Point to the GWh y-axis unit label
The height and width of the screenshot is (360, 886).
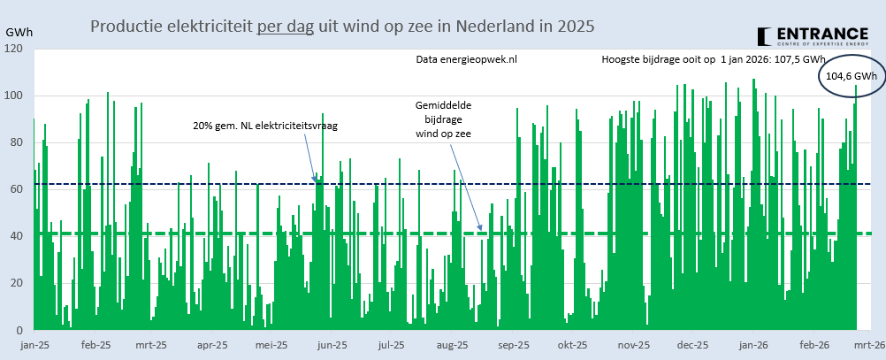point(19,32)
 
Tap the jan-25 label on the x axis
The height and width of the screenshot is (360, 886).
point(35,346)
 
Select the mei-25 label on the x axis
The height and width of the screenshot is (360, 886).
point(271,346)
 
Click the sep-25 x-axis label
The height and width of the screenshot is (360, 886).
point(513,346)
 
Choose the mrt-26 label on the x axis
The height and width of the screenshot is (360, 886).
point(868,346)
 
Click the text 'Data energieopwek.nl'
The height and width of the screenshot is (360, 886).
point(466,60)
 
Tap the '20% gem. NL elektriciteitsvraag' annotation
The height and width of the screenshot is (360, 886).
point(265,126)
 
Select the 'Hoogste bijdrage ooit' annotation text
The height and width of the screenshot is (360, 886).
point(714,60)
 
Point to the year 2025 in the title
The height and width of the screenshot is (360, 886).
point(576,27)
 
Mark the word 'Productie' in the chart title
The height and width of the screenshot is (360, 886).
point(124,27)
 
